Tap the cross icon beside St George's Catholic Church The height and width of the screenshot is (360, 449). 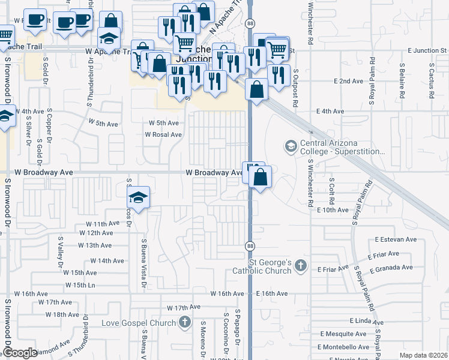301,265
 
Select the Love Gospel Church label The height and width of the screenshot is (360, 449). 139,323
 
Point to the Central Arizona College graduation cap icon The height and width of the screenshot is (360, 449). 291,146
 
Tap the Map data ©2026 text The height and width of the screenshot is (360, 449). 423,355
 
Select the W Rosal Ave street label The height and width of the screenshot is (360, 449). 163,135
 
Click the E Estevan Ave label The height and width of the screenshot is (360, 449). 395,239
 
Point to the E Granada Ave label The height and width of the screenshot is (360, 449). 391,268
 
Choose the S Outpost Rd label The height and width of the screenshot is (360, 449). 296,88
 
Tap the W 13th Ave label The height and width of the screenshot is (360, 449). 95,245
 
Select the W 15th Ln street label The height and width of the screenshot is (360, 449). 80,285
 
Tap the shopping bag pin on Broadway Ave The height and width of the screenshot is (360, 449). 261,178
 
